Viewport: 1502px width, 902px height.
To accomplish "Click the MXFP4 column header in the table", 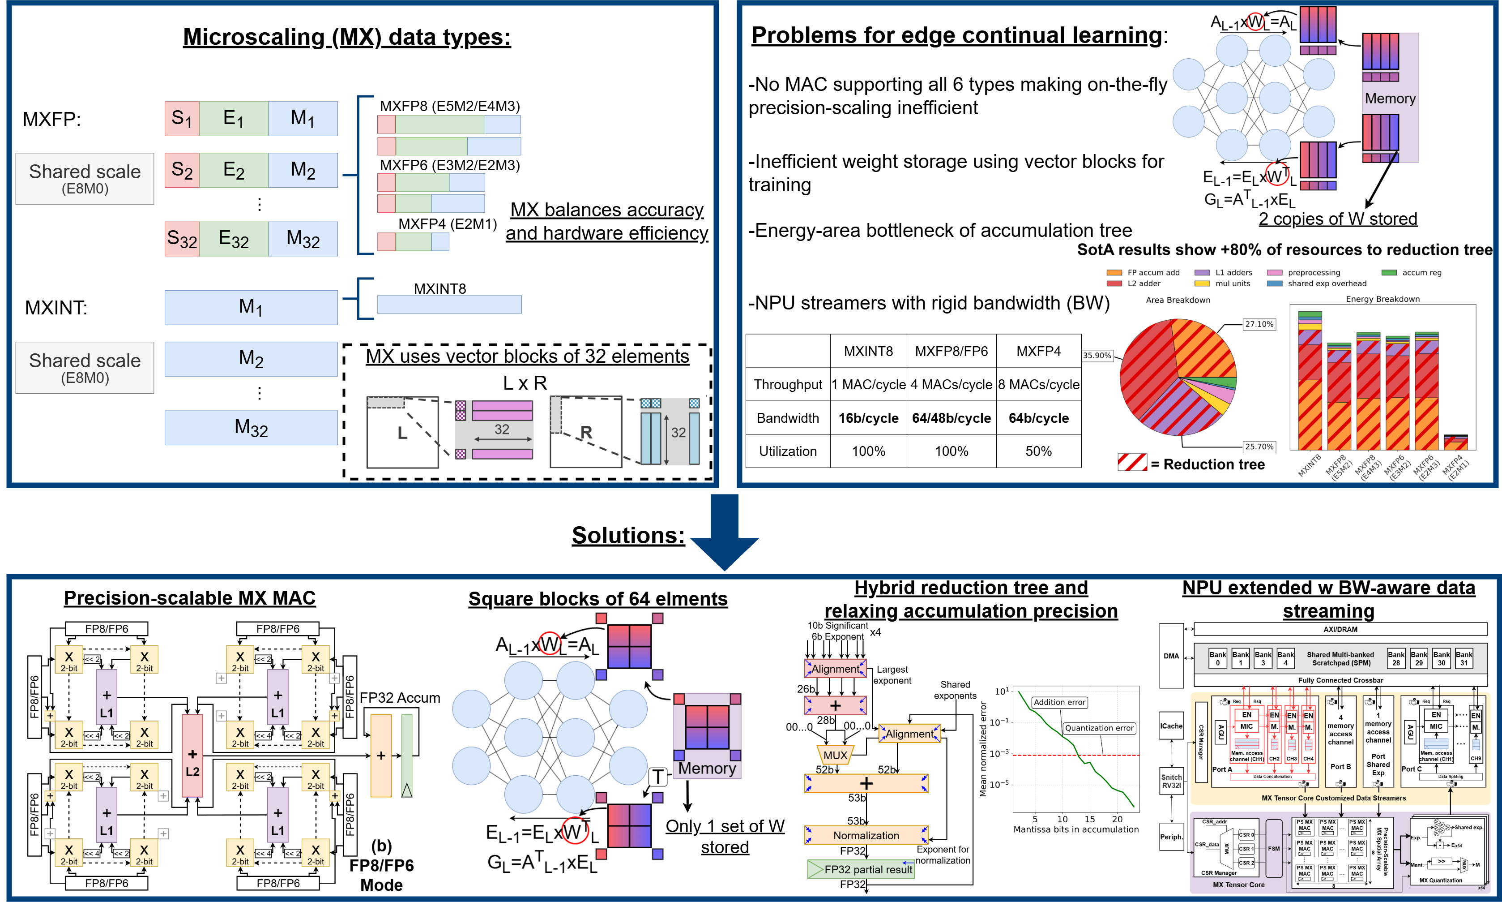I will pos(1039,351).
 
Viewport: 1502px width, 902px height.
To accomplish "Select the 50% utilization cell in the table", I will pos(1039,451).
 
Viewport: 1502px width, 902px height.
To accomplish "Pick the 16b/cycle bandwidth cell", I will pos(869,418).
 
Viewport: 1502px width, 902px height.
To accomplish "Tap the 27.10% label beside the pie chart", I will pos(1259,324).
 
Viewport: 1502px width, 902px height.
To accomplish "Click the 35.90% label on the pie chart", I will pos(1097,356).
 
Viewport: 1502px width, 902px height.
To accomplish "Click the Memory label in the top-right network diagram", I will pos(1390,99).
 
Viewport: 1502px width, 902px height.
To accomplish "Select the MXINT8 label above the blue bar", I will pos(440,289).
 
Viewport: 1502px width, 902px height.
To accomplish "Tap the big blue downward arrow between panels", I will pos(725,532).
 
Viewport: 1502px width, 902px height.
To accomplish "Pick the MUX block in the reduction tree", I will pos(835,756).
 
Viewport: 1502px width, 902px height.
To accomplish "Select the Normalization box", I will pos(866,836).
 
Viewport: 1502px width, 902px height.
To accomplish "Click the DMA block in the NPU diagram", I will pos(1171,656).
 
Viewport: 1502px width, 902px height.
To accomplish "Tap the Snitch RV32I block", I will pos(1171,781).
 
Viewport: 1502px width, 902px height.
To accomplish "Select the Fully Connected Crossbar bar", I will pos(1340,680).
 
